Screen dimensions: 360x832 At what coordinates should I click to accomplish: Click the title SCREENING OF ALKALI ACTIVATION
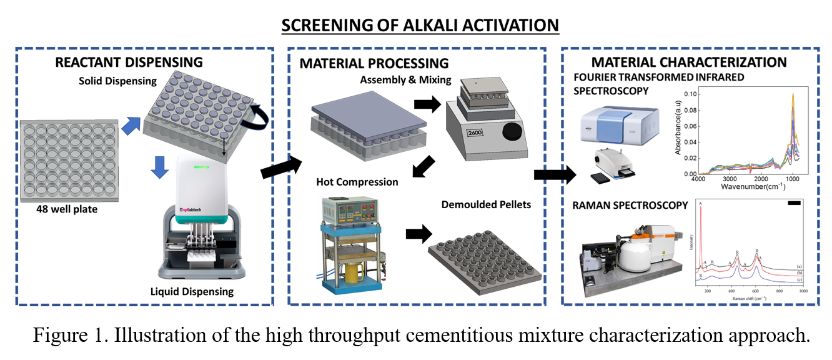pos(420,26)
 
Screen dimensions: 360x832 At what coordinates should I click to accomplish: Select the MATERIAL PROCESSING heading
pos(374,63)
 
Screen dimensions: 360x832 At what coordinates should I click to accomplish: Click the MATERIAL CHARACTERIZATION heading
pos(689,62)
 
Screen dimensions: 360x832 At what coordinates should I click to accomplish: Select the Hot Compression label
pos(357,182)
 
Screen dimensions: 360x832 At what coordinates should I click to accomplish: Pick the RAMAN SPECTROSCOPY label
pos(630,205)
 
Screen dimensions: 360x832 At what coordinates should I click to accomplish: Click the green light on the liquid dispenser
pos(201,166)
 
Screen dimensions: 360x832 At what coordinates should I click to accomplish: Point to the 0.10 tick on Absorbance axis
pos(690,94)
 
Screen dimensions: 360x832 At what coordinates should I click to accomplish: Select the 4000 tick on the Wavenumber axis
pos(698,179)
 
